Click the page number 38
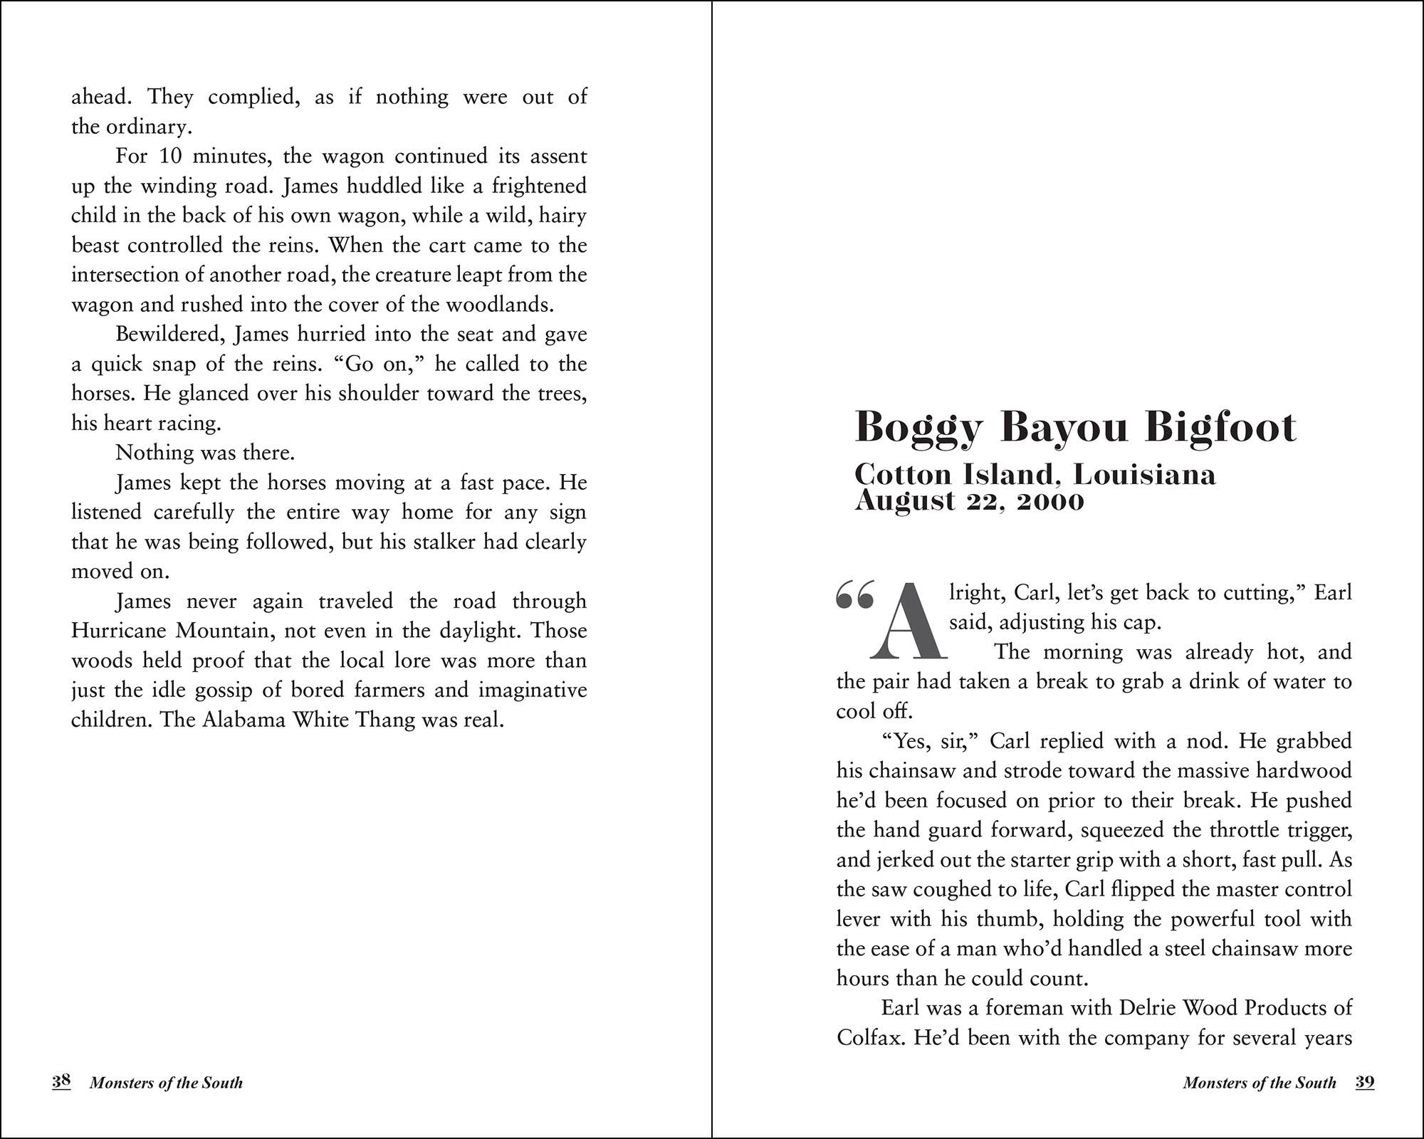(x=61, y=1081)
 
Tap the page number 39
(x=1364, y=1082)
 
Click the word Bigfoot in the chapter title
(x=1220, y=427)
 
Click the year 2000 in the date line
(x=1050, y=501)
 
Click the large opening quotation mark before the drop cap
(x=854, y=594)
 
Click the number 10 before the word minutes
(x=170, y=156)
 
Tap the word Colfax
(x=871, y=1037)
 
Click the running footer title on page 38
(x=166, y=1083)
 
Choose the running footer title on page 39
(x=1259, y=1083)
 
